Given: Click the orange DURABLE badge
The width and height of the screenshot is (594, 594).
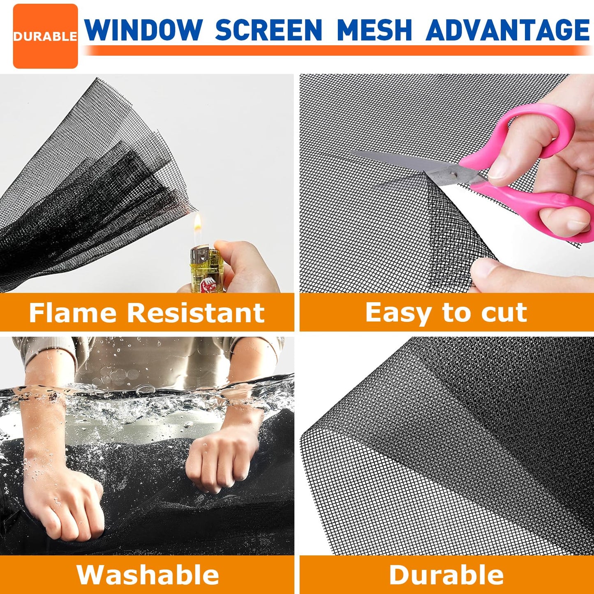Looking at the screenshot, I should coord(45,36).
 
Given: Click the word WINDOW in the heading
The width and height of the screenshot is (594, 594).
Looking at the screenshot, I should coord(143,30).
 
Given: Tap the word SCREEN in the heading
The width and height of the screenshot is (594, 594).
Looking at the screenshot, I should coord(268,30).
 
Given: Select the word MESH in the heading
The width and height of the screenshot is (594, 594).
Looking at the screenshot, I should coord(374,30).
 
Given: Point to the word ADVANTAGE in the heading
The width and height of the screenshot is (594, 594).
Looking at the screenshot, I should coord(508,30).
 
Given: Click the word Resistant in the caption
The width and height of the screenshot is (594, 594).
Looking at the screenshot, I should coord(196,313).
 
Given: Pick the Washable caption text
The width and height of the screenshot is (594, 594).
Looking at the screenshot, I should coord(148,574).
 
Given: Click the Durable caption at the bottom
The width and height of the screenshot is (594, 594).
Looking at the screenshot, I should coord(446,574).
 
